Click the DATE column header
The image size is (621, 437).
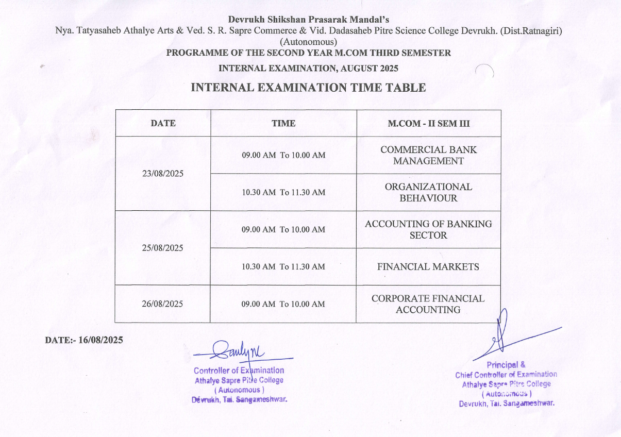[x=163, y=123]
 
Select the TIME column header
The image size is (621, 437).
[x=283, y=123]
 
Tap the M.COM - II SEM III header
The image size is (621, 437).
[x=428, y=123]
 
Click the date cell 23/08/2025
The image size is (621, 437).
[x=163, y=174]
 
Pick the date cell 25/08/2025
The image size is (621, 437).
[x=163, y=248]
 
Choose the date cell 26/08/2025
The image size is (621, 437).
[x=163, y=304]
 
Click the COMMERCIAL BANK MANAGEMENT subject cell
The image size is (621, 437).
[x=428, y=155]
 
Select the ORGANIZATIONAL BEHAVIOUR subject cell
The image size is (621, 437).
[x=428, y=192]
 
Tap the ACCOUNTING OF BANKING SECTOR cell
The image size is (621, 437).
[x=428, y=229]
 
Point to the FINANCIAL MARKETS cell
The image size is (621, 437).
[x=428, y=267]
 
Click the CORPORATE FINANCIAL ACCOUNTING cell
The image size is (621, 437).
[x=428, y=304]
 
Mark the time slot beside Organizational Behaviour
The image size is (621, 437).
[x=283, y=192]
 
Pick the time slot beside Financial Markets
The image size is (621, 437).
[x=283, y=267]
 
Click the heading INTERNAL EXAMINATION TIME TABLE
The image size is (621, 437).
[x=308, y=88]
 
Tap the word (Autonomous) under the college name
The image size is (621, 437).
[x=308, y=42]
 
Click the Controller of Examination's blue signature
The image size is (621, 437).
[x=239, y=351]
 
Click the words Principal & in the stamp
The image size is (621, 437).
[x=506, y=365]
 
